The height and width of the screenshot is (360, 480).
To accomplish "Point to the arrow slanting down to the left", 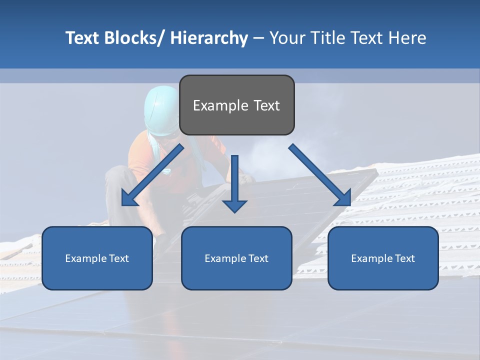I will (x=152, y=175).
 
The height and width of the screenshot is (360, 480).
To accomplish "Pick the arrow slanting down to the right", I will (x=320, y=175).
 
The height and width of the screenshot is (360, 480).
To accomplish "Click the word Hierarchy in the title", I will (x=209, y=38).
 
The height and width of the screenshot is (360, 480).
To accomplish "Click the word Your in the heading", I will (x=287, y=38).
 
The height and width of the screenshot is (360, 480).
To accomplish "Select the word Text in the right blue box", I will (x=404, y=258).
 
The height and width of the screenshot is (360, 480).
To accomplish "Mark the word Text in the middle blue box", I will (x=257, y=258).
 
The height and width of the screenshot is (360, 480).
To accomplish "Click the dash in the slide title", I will (x=258, y=38).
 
